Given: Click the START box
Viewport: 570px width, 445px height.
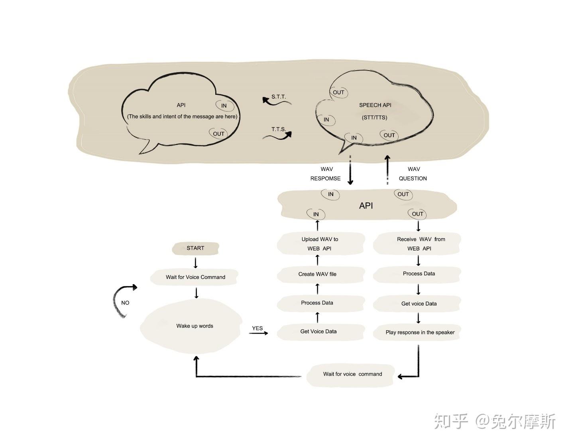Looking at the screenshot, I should coord(195,248).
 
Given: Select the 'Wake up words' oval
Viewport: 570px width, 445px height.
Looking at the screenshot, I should coord(195,326).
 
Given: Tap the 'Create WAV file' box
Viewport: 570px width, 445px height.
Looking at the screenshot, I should coord(317,274).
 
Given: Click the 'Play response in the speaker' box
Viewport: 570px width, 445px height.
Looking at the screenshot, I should coord(420,332).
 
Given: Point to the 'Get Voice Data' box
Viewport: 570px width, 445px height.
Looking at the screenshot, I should coord(318,331).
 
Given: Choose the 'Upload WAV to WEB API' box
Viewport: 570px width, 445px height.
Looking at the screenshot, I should coord(320,244).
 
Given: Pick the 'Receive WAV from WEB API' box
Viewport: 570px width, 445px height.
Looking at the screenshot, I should coord(421,244).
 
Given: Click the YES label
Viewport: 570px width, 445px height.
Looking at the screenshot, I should coord(257,328).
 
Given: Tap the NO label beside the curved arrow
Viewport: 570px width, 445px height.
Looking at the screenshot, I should coord(125,303).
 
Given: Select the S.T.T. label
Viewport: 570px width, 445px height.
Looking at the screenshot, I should coord(279,97).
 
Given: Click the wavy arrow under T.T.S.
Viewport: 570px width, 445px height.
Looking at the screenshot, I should coord(277,137).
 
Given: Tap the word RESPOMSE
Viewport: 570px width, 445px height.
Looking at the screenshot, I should coord(325,178).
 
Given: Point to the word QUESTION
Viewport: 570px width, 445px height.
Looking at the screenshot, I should coord(413,178).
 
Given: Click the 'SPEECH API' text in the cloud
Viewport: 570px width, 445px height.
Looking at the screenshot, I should coord(375,105).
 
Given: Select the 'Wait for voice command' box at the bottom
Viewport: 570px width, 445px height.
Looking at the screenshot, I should coord(352,374).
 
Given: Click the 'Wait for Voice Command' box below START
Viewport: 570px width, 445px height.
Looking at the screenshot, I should coord(195,277).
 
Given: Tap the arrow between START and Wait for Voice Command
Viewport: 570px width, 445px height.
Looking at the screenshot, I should coord(195,263).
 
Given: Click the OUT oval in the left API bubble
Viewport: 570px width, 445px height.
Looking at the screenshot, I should coord(218,134).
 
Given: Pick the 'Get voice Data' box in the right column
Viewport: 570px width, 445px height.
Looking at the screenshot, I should coord(419,304).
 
